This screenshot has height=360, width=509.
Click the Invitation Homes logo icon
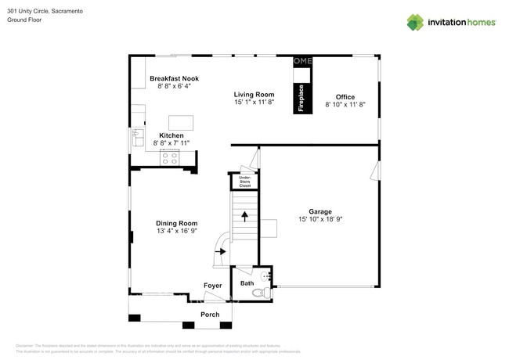pyautogui.click(x=415, y=22)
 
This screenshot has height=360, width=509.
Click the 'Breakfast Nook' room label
pyautogui.click(x=174, y=78)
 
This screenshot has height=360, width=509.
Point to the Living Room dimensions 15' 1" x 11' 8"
pyautogui.click(x=254, y=102)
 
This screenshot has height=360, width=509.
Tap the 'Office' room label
pyautogui.click(x=345, y=97)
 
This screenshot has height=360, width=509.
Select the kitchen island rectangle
pyautogui.click(x=182, y=122)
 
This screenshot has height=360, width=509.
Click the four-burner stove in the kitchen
pyautogui.click(x=170, y=158)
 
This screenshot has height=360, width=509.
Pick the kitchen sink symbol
pyautogui.click(x=136, y=137)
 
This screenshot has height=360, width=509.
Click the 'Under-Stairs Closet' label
pyautogui.click(x=245, y=182)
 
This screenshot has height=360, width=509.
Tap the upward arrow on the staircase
pyautogui.click(x=244, y=216)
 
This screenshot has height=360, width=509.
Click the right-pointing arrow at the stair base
pyautogui.click(x=222, y=252)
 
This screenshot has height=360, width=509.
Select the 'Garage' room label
pyautogui.click(x=319, y=211)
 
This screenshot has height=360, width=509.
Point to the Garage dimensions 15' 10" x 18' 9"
pyautogui.click(x=320, y=220)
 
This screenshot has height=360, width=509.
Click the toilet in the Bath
pyautogui.click(x=265, y=292)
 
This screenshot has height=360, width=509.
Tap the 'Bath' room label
pyautogui.click(x=247, y=283)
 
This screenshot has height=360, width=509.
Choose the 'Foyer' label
pyautogui.click(x=212, y=286)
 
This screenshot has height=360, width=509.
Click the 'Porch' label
pyautogui.click(x=210, y=314)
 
